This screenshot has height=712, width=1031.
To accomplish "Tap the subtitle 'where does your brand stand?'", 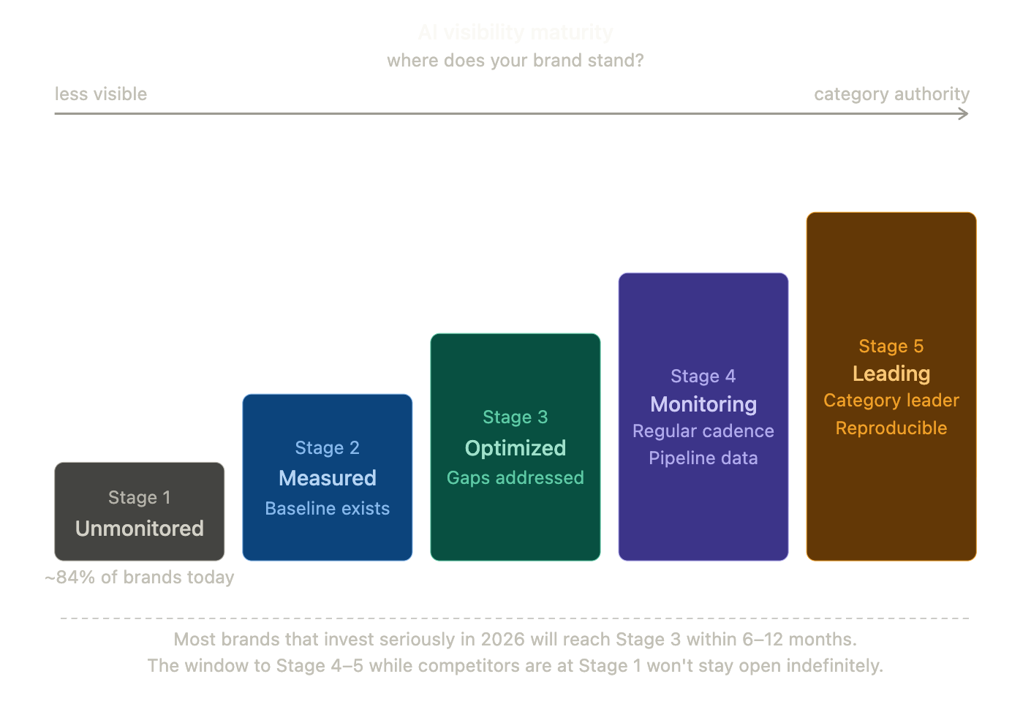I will click(515, 60).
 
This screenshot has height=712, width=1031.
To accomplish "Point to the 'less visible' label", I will click(101, 94).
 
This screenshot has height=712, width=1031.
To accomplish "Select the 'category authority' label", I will click(891, 94).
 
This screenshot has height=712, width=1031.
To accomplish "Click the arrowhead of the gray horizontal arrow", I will click(964, 113).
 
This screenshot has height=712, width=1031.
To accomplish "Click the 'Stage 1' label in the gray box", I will click(139, 498).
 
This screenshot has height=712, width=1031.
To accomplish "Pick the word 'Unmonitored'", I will click(139, 529).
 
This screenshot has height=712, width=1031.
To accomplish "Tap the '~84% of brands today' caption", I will click(139, 577).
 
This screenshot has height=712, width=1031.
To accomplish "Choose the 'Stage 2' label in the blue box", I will click(327, 448).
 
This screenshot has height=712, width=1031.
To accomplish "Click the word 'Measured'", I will click(327, 478).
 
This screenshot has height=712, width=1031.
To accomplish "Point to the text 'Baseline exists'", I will click(327, 509).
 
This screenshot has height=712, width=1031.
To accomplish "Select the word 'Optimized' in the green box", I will click(515, 448).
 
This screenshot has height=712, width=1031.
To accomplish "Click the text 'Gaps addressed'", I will click(515, 478).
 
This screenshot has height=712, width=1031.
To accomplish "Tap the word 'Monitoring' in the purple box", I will click(703, 404).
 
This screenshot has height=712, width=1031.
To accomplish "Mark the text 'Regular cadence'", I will click(703, 431).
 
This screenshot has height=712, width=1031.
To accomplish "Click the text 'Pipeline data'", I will click(703, 458).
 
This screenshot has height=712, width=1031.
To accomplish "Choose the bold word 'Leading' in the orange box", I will click(891, 374).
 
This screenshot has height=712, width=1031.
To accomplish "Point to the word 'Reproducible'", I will click(891, 428).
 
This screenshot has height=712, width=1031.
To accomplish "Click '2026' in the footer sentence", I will click(502, 640).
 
